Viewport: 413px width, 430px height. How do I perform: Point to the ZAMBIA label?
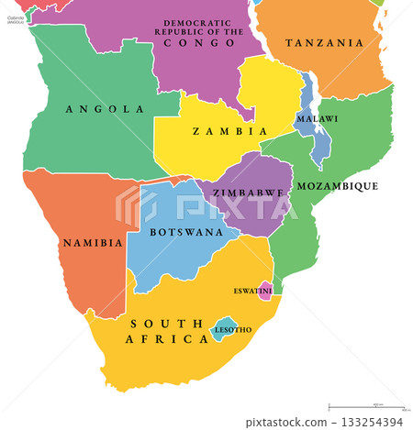pyautogui.click(x=217, y=132)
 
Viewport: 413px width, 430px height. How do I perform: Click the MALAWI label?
pyautogui.click(x=317, y=119)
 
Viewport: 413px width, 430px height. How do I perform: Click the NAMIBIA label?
pyautogui.click(x=92, y=244)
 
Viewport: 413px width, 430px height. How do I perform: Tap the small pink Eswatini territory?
pyautogui.click(x=265, y=292)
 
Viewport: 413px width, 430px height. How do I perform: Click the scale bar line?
pyautogui.click(x=367, y=406)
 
